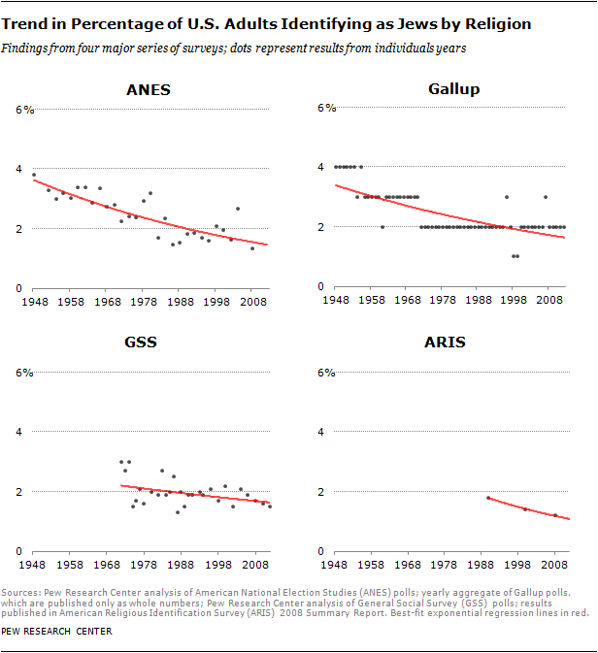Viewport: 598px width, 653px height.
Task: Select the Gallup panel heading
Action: (454, 90)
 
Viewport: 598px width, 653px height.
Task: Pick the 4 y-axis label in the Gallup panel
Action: (322, 168)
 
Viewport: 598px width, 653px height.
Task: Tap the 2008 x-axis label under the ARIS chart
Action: (555, 564)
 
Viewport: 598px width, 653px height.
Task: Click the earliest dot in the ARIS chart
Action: (487, 498)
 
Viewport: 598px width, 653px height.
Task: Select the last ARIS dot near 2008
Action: (555, 515)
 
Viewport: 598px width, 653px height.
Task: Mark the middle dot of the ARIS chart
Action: (525, 509)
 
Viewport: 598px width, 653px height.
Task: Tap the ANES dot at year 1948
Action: (34, 175)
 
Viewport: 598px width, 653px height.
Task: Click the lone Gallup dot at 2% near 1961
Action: (382, 227)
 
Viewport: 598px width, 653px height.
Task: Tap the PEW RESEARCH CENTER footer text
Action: (57, 632)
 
